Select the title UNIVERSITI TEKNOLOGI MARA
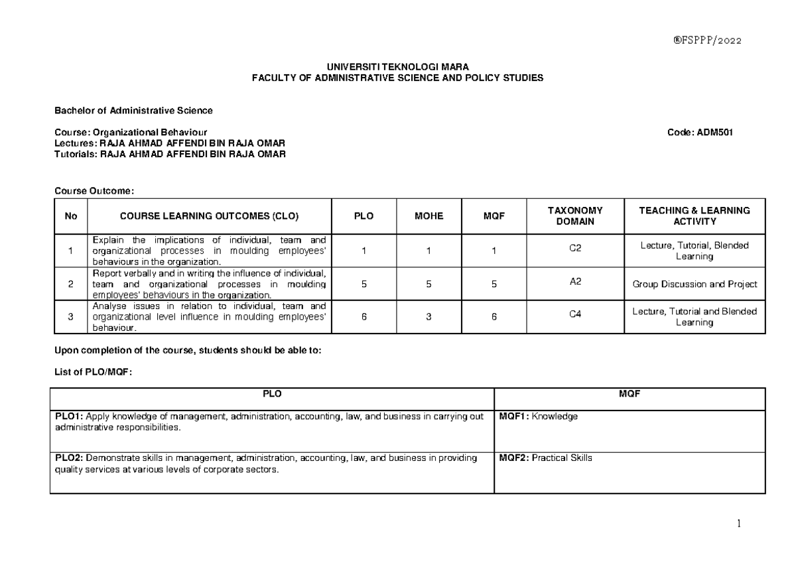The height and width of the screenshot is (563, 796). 397,67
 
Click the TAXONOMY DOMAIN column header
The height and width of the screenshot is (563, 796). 575,216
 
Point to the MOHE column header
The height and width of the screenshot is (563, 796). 429,216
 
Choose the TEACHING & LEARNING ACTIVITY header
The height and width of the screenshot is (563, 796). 694,216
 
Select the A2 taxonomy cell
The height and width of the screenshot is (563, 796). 575,282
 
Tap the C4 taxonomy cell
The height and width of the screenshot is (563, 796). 575,315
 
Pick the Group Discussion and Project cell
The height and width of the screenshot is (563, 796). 694,284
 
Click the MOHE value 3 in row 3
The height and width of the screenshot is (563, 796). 429,317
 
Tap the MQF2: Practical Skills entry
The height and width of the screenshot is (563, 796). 545,458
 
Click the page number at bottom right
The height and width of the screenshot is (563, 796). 738,524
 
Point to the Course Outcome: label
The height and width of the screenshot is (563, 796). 94,191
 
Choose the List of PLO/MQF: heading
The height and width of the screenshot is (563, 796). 94,373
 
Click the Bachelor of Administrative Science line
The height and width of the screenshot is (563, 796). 133,110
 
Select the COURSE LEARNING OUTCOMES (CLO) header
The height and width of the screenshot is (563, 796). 209,216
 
